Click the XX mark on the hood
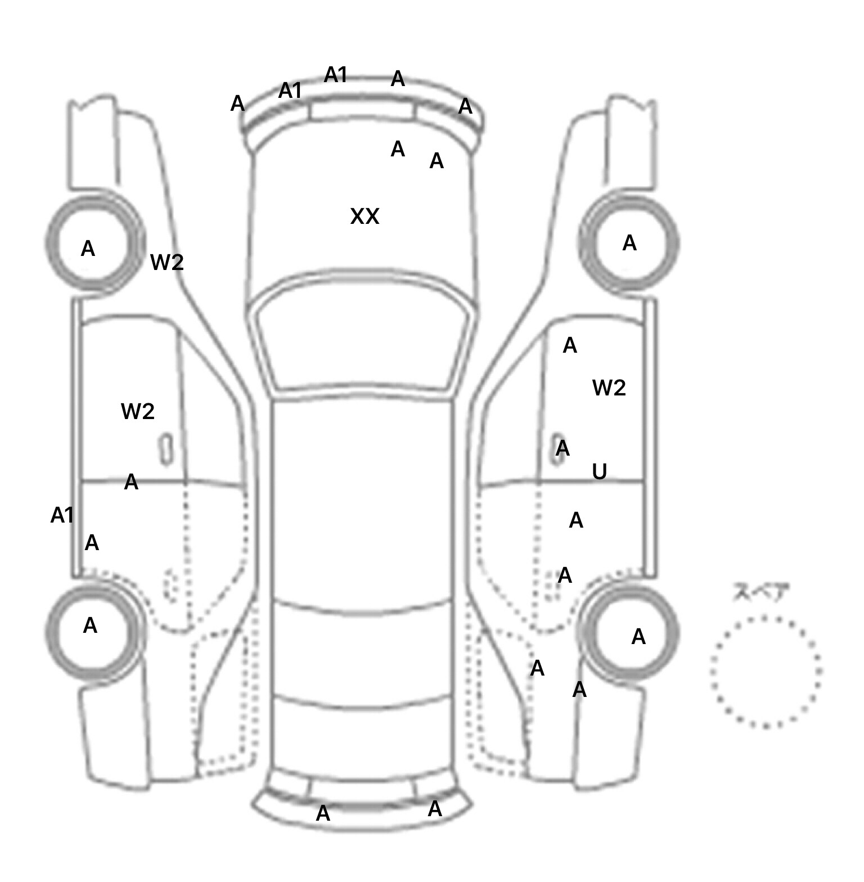click(364, 217)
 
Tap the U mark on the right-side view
click(600, 471)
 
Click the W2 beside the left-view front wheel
click(167, 262)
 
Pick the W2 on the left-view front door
click(138, 412)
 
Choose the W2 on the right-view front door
click(609, 388)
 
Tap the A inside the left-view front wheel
click(88, 249)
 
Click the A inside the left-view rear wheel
click(90, 625)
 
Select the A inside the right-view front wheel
click(629, 243)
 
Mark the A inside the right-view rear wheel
click(638, 637)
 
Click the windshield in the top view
click(363, 337)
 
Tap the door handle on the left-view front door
click(166, 449)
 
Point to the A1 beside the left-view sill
click(62, 515)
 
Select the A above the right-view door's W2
click(570, 345)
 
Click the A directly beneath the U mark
click(576, 521)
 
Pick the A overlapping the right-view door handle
click(562, 449)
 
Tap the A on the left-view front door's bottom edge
click(131, 482)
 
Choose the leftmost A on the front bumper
click(237, 103)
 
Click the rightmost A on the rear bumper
click(435, 809)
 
